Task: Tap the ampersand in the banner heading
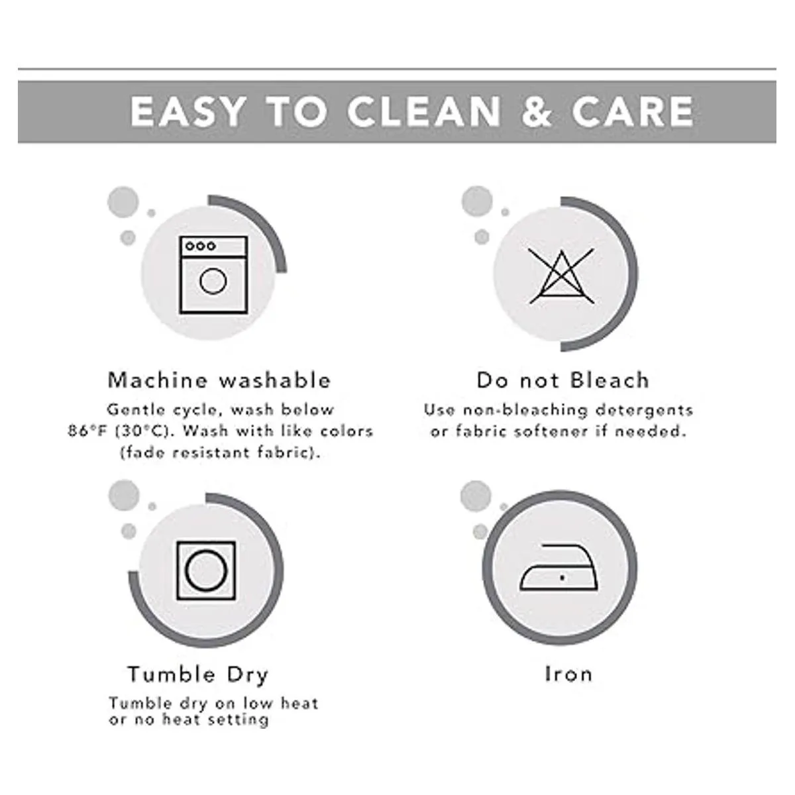coord(537,111)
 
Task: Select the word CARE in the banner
coord(633,111)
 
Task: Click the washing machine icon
coord(213,275)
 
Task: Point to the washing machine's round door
coord(213,281)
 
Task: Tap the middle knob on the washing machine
coord(201,246)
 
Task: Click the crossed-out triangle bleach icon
coord(562,276)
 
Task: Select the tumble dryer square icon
coord(206,570)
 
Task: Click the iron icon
coord(558,568)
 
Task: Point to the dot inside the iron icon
coord(562,578)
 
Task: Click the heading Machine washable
coord(219,380)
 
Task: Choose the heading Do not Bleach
coord(563,380)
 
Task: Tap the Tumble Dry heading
coord(198,675)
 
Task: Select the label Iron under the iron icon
coord(568,674)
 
